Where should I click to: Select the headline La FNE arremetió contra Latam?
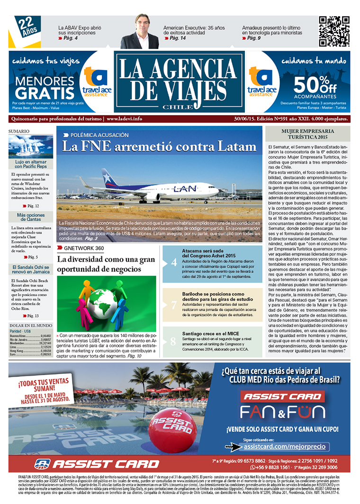[159, 146]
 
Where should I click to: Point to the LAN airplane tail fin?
[109, 177]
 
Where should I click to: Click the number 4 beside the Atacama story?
[173, 262]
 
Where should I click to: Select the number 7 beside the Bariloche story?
[173, 305]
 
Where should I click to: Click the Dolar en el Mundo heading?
[30, 325]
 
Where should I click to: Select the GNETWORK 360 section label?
[90, 248]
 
